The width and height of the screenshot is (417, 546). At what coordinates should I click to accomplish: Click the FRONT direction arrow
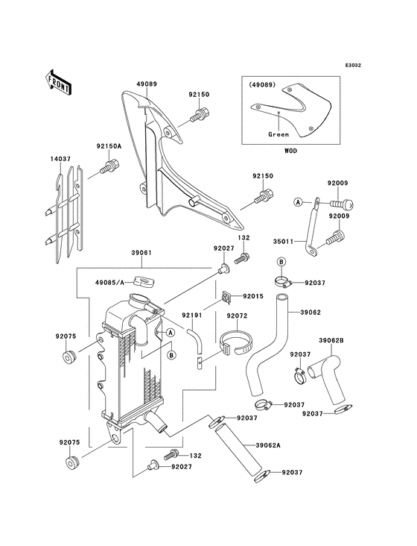click(58, 82)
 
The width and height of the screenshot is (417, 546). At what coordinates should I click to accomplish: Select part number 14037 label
click(60, 159)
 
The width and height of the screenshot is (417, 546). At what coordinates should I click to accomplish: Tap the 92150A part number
click(109, 147)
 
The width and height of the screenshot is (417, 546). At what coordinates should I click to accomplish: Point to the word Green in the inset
click(278, 134)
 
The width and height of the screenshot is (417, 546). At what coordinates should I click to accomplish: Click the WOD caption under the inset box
click(291, 151)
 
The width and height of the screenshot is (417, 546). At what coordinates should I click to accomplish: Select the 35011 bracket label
click(283, 241)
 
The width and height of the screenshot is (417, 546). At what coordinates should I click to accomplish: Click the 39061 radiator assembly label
click(141, 252)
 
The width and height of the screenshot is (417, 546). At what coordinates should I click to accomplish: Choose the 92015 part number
click(253, 296)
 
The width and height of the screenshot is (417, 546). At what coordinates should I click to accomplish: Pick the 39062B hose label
click(331, 340)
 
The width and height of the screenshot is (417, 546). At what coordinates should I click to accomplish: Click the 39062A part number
click(268, 445)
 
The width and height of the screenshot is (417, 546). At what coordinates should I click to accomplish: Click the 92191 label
click(192, 316)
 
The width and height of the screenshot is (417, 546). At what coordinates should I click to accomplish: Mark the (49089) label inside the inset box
click(261, 84)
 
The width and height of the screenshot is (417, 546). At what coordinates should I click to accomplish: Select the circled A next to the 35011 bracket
click(298, 201)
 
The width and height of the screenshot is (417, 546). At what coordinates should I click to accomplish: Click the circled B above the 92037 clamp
click(281, 261)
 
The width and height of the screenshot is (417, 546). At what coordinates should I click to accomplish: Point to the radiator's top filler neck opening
click(139, 299)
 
